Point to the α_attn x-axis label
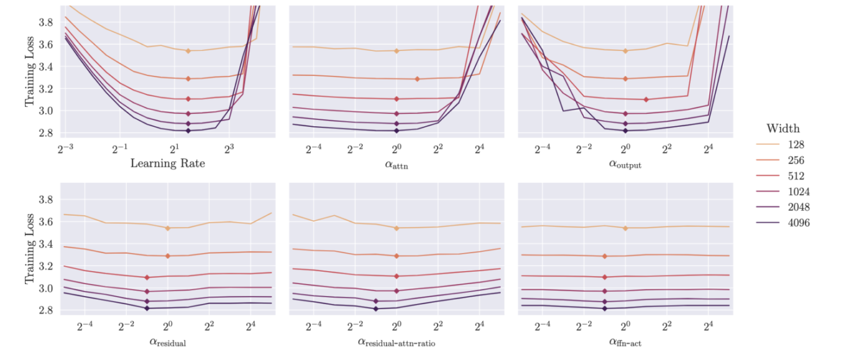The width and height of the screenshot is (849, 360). click(397, 165)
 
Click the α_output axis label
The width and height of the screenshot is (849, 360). click(625, 165)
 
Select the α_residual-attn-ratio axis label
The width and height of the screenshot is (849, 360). click(396, 342)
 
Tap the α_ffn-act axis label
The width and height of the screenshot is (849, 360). click(625, 342)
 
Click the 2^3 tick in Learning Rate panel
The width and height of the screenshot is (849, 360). click(229, 149)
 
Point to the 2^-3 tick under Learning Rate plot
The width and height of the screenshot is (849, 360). click(64, 149)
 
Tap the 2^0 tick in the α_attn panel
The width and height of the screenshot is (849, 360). click(397, 149)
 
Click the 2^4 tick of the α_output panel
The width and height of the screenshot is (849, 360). click(708, 149)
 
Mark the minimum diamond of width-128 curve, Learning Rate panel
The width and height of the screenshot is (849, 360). click(188, 50)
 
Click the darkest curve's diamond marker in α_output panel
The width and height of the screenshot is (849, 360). click(625, 131)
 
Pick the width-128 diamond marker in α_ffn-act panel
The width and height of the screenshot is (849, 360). click(625, 228)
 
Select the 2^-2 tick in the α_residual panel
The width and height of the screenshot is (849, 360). click(126, 325)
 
